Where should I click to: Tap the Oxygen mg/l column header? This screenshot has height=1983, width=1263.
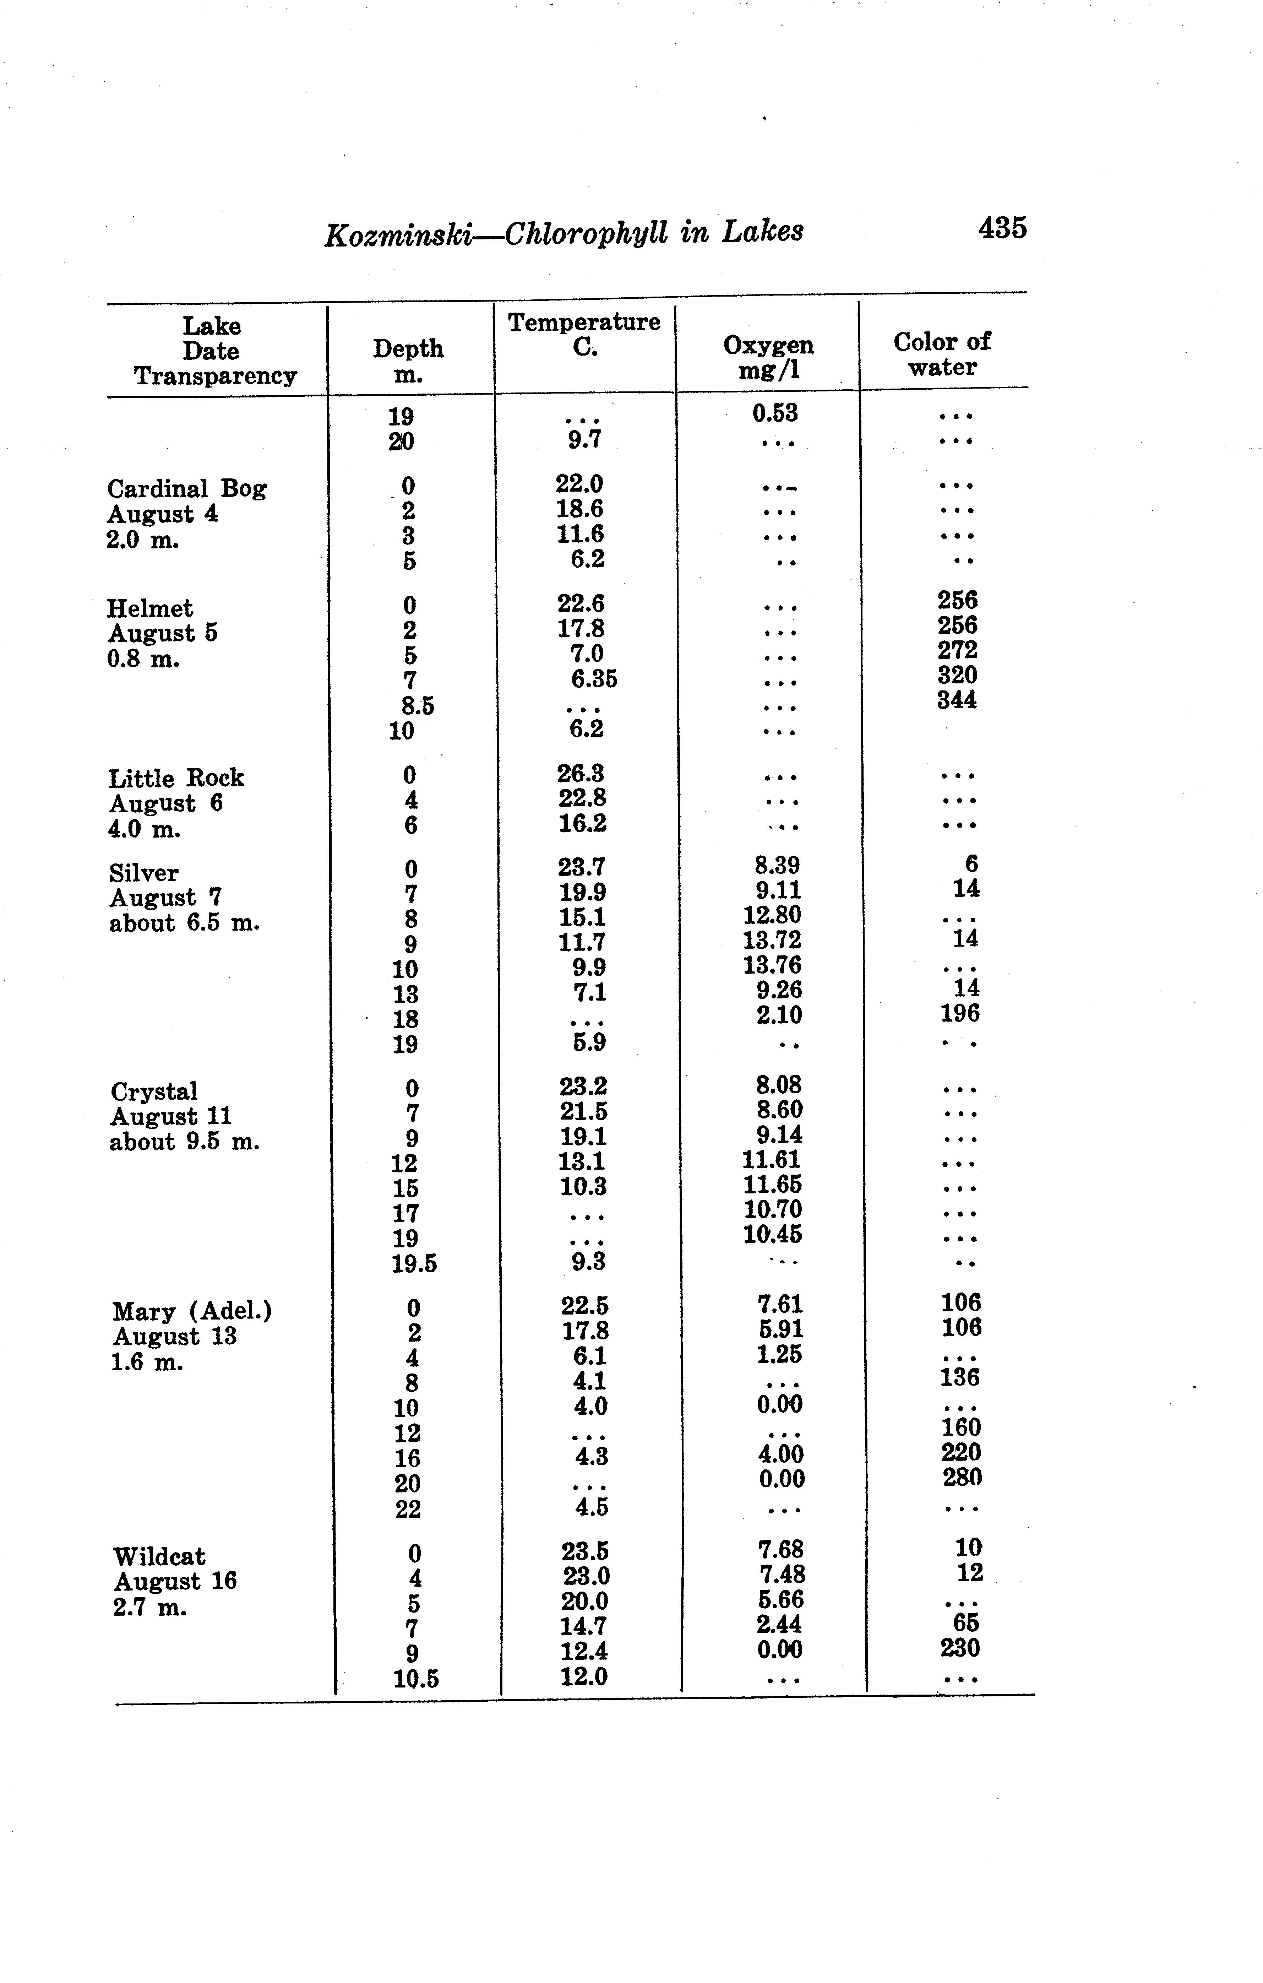(x=768, y=357)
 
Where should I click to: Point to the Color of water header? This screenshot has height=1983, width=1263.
(x=942, y=354)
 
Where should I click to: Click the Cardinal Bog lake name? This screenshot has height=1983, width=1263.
(x=187, y=489)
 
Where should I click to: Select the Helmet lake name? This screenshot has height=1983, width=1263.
(x=150, y=608)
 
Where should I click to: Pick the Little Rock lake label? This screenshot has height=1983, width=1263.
(x=176, y=778)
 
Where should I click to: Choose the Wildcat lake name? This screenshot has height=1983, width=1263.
(x=159, y=1556)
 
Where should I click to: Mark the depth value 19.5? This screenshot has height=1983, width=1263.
(x=414, y=1263)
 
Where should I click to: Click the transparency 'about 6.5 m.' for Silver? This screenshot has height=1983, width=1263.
(x=184, y=923)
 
